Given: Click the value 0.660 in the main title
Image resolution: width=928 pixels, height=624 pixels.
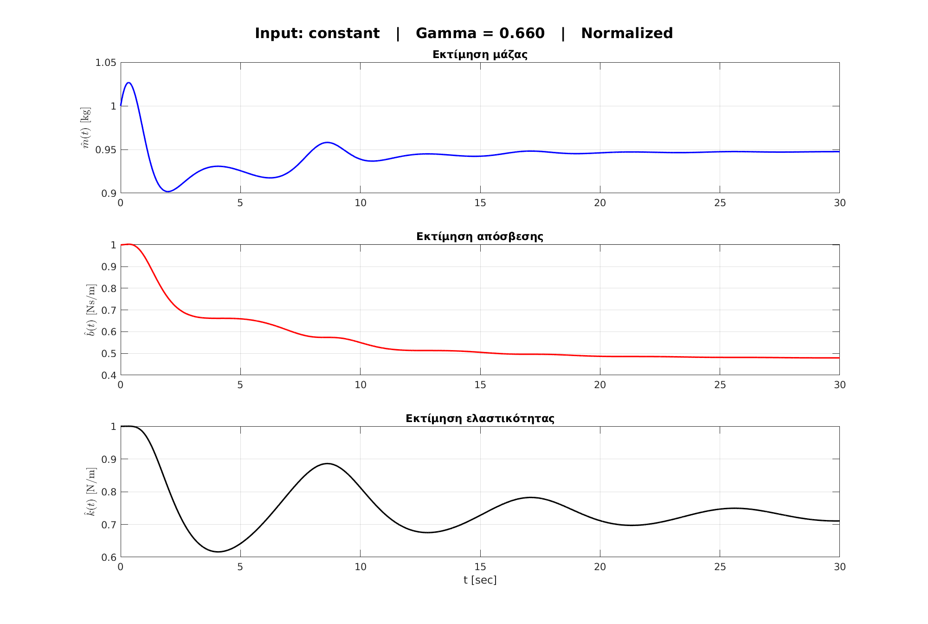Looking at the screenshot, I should [522, 33].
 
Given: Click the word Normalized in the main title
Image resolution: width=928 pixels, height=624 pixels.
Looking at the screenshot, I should [626, 33].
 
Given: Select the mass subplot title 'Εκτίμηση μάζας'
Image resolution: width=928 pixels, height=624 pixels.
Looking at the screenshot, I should [480, 55].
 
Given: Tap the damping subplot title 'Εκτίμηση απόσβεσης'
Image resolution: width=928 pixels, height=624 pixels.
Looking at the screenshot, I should [480, 237].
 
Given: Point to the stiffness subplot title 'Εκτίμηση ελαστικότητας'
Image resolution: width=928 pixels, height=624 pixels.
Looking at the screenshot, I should [480, 419].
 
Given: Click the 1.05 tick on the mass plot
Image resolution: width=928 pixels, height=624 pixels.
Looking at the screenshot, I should [105, 63].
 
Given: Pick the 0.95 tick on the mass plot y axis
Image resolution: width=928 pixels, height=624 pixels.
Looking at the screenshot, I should [105, 150].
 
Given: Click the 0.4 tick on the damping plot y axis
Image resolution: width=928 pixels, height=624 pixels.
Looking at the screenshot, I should [109, 375].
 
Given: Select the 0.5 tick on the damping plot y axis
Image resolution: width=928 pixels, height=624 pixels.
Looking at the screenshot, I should [109, 354].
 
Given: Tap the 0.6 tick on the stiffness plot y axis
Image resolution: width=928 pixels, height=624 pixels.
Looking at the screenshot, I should [109, 557].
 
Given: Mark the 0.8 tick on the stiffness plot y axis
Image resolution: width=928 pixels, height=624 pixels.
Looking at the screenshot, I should [109, 492].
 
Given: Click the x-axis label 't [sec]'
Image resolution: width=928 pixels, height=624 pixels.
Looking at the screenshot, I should [480, 580].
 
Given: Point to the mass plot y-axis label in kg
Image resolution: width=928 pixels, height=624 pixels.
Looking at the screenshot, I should [86, 128].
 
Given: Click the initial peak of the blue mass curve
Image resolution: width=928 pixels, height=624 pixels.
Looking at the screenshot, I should [129, 83].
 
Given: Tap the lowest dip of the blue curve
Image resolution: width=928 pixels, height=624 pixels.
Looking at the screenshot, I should [168, 191].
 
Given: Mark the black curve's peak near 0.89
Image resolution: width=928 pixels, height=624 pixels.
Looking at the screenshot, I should [328, 463].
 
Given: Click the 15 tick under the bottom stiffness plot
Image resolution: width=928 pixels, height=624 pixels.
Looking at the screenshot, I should [480, 567].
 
